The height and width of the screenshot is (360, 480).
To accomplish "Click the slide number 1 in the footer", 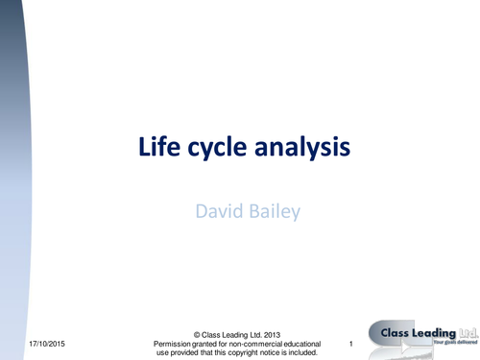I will click(351, 344).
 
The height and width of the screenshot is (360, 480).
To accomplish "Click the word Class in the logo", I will click(393, 332).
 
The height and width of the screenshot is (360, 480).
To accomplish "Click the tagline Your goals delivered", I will click(453, 345).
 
